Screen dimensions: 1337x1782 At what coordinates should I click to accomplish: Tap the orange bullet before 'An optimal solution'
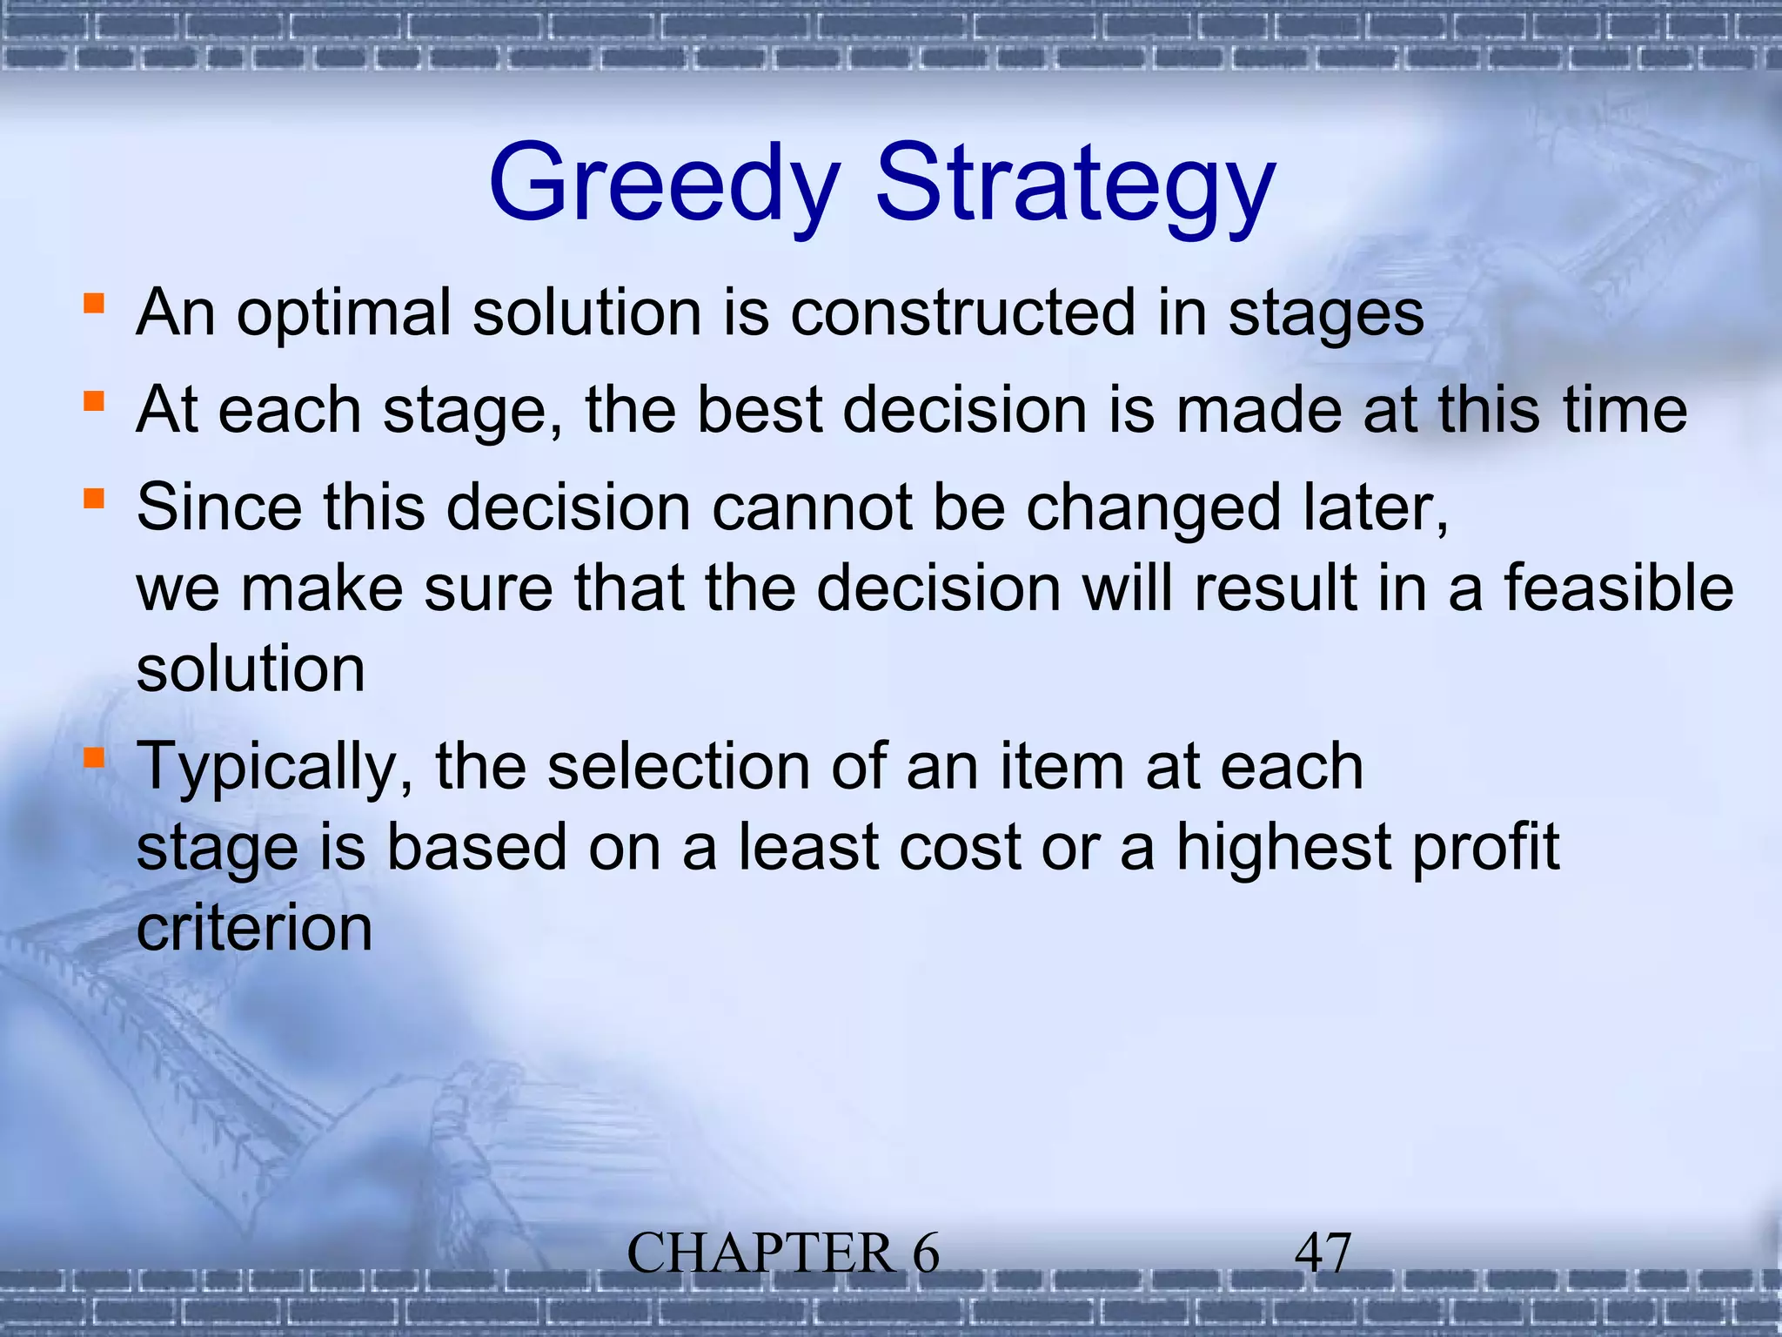click(x=94, y=304)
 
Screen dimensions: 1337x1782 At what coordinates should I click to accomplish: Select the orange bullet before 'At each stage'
click(x=94, y=401)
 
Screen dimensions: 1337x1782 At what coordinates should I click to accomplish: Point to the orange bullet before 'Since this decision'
click(x=94, y=499)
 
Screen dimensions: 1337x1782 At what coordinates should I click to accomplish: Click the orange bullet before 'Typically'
click(x=94, y=757)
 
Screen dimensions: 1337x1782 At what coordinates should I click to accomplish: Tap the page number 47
click(x=1323, y=1253)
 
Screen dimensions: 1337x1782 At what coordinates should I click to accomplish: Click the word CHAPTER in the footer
click(x=760, y=1254)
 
